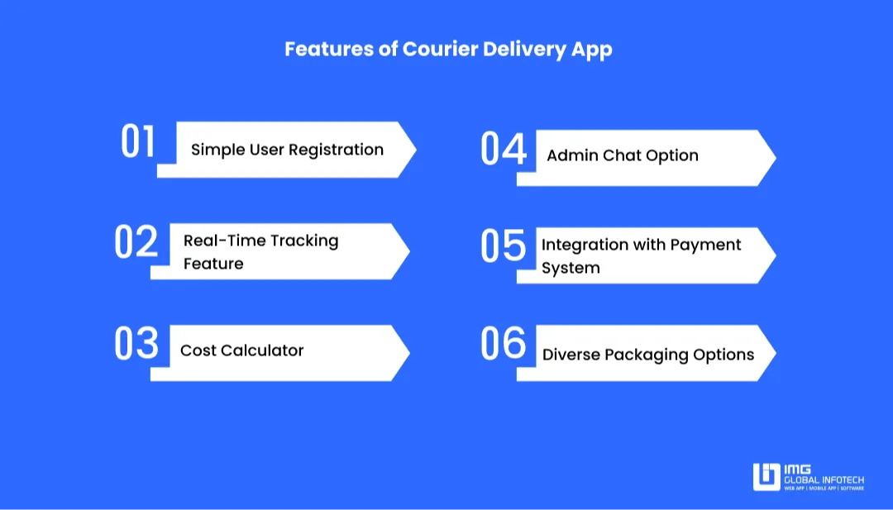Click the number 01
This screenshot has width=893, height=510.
[x=138, y=141]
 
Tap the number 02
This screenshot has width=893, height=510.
[x=136, y=242]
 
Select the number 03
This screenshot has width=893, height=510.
[x=136, y=343]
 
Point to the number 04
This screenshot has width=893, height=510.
[x=504, y=149]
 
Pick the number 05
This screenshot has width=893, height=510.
[x=504, y=245]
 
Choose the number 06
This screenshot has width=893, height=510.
[x=504, y=343]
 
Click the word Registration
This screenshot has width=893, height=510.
[x=336, y=150]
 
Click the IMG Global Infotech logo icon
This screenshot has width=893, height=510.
[x=766, y=476]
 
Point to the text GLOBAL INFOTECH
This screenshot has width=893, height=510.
[x=824, y=480]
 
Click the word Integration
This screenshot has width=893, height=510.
[x=575, y=245]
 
